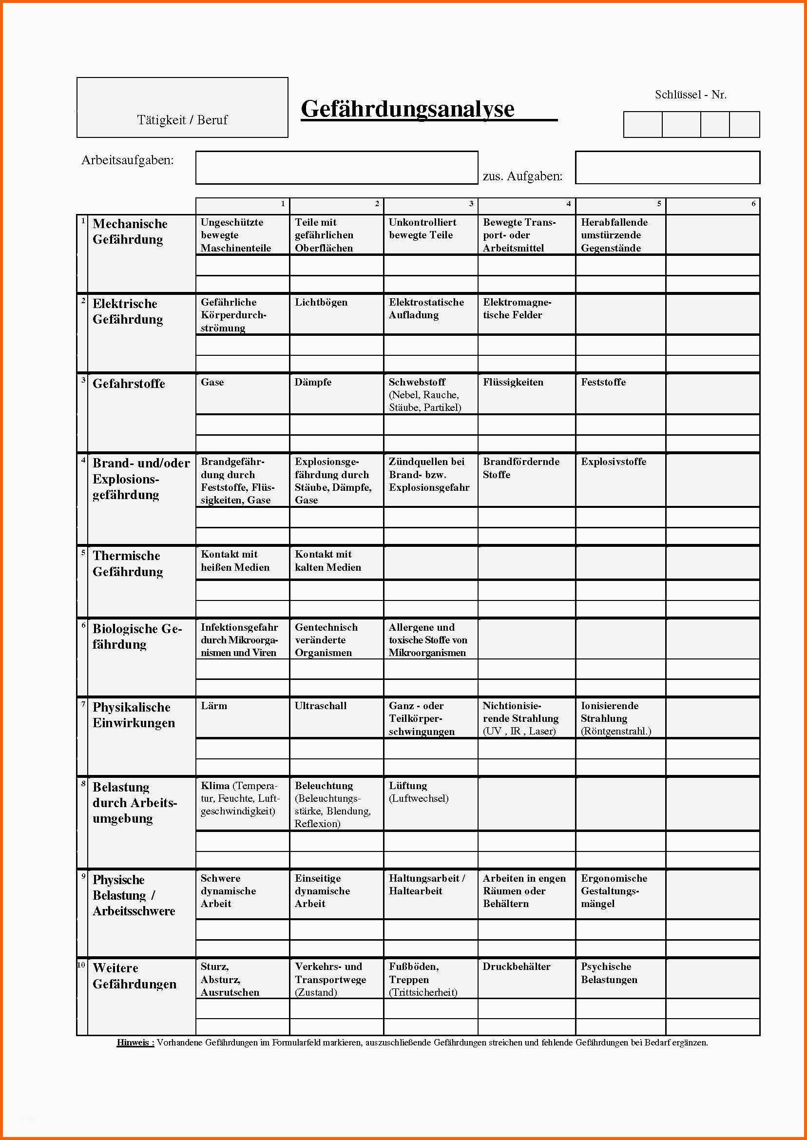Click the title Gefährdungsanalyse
(407, 109)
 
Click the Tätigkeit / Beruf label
(182, 120)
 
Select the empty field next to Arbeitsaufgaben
(336, 168)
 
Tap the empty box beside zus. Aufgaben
(667, 168)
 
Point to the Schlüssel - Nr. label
(690, 95)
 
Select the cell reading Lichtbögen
(321, 303)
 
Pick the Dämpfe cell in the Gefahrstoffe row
(313, 382)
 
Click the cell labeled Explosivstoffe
(613, 462)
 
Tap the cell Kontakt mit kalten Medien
(327, 560)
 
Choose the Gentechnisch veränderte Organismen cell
(326, 640)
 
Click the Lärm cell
(213, 706)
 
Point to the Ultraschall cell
(321, 706)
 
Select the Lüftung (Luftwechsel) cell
(419, 792)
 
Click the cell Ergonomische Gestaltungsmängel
(614, 891)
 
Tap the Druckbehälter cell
(516, 966)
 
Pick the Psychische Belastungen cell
(609, 973)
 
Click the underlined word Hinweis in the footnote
(135, 1043)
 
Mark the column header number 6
(753, 203)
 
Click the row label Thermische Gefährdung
(127, 563)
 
